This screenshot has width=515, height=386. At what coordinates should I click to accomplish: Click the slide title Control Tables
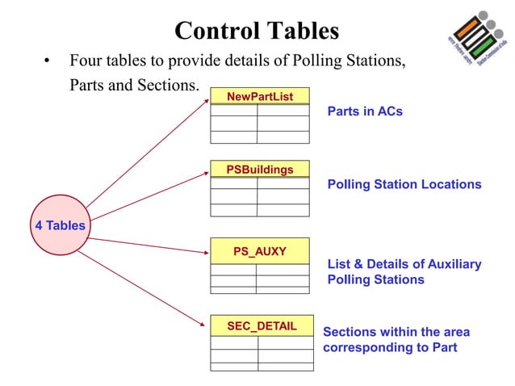[x=257, y=31]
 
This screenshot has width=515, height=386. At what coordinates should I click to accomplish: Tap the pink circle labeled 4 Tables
[x=60, y=225]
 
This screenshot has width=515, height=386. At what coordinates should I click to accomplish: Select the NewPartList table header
[x=259, y=97]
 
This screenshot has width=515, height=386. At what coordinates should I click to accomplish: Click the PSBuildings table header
[x=259, y=169]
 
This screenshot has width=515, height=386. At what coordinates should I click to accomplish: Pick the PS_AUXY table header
[x=259, y=251]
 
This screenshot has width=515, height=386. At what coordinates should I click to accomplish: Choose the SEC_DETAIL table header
[x=262, y=325]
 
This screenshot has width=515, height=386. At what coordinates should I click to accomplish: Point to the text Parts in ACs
[x=365, y=111]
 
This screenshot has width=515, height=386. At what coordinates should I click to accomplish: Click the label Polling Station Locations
[x=404, y=184]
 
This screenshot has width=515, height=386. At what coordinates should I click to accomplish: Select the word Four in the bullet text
[x=86, y=61]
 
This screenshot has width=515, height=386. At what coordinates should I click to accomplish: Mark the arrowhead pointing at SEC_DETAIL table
[x=205, y=325]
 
